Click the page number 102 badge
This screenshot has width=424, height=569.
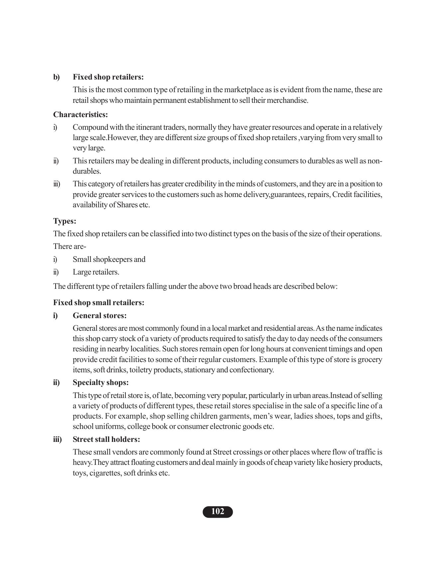(218, 511)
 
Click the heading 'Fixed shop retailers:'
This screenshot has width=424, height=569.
(108, 77)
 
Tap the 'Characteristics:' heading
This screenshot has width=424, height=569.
(80, 114)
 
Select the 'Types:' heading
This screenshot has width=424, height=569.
(65, 221)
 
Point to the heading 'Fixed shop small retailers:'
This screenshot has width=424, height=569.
(98, 302)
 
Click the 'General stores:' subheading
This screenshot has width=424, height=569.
(99, 315)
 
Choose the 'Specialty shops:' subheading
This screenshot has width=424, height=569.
(100, 382)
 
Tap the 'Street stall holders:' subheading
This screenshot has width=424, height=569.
(106, 439)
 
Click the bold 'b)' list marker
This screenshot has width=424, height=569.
(57, 77)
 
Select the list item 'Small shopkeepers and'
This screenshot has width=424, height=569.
(109, 259)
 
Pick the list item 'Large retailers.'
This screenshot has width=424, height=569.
(96, 272)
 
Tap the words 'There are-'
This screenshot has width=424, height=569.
(70, 246)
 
